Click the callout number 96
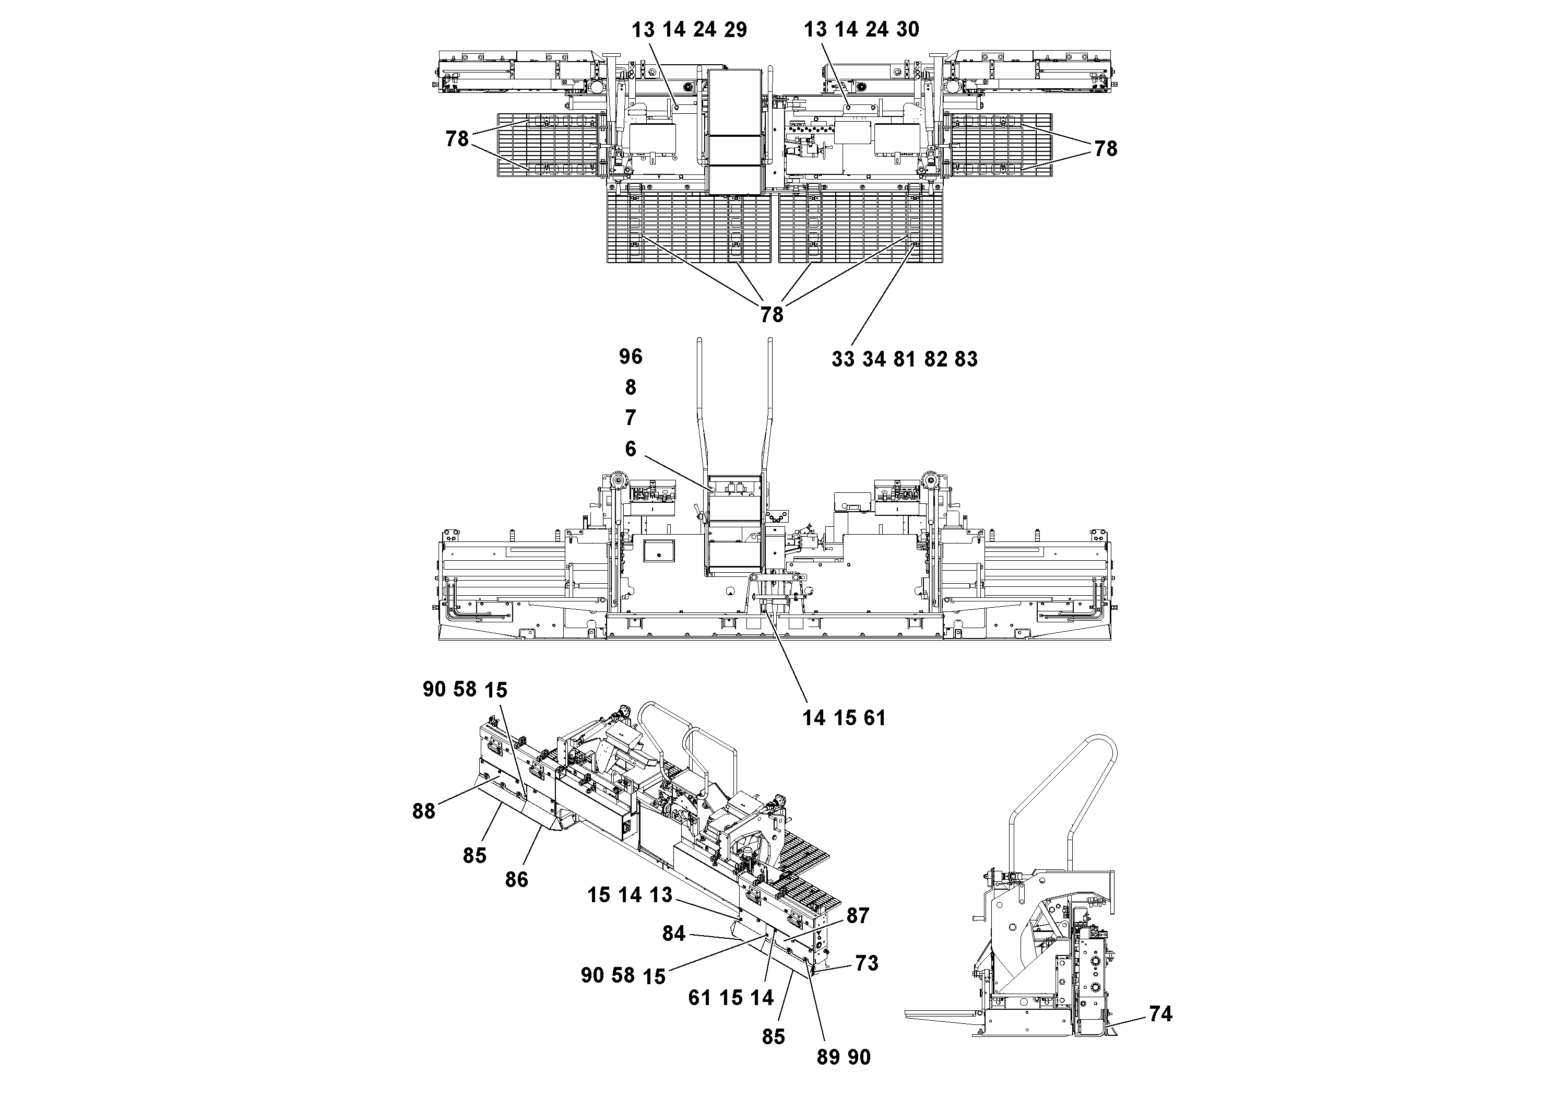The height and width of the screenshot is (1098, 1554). pos(630,356)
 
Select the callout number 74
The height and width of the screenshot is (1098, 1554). pos(1160,1013)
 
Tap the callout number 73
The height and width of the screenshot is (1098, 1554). pos(867,963)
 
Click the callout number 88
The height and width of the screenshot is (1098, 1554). pos(424,811)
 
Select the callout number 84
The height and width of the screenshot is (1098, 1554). pos(673,934)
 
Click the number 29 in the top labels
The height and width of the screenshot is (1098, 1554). pos(734,30)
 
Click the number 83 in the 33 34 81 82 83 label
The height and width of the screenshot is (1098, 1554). pos(966,359)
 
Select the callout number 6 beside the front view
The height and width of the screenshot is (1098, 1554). pos(630,449)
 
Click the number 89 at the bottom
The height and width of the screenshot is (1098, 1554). pos(828,1057)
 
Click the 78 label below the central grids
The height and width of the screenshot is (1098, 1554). pos(772,315)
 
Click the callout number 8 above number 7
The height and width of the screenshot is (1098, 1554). pos(630,387)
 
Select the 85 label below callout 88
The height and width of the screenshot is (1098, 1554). pos(474,856)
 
